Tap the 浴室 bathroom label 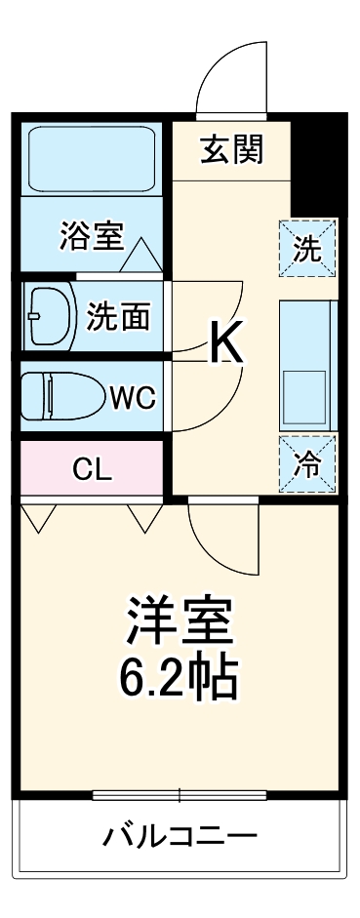click(x=91, y=238)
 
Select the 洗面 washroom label click(x=119, y=317)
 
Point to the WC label click(x=132, y=397)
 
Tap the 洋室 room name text click(x=177, y=620)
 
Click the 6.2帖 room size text click(x=178, y=677)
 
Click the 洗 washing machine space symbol click(x=307, y=249)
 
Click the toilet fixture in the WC click(x=63, y=397)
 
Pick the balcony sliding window click(x=180, y=795)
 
